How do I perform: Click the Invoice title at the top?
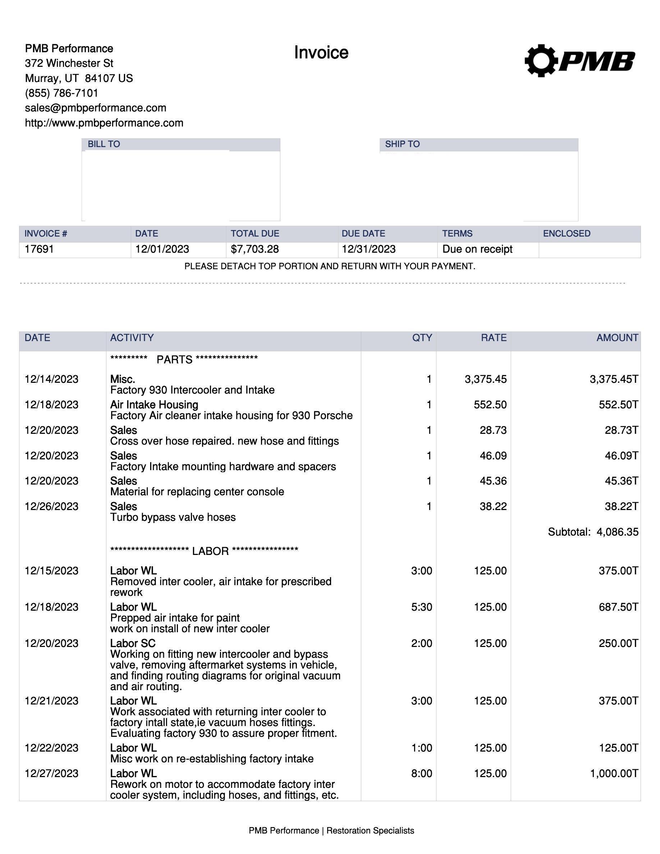coord(321,53)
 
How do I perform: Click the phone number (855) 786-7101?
coord(61,93)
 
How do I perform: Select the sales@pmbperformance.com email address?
coord(95,108)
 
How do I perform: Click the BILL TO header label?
coord(104,144)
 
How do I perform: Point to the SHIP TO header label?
coord(402,144)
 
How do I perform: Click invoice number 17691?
coord(39,249)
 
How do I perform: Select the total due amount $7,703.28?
coord(255,249)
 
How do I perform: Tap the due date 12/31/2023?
coord(368,249)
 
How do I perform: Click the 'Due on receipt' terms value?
coord(477,249)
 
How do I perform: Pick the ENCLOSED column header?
coord(567,233)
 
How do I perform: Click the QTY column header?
coord(422,338)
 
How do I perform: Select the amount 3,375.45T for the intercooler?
coord(614,379)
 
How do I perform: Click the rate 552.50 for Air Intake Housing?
coord(490,405)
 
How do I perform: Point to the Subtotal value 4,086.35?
coord(617,532)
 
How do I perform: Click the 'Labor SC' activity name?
coord(133,643)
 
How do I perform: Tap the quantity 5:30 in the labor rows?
coord(422,607)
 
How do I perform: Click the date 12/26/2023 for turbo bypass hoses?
coord(51,506)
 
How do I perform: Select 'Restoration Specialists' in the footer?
coord(370,831)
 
